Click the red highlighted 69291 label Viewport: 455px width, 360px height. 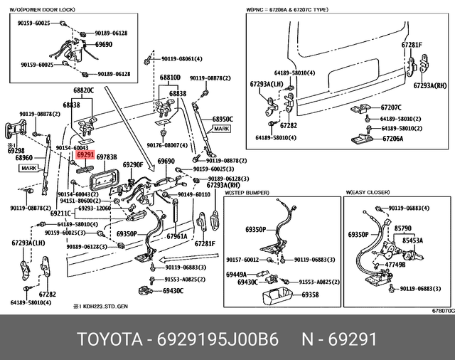85,154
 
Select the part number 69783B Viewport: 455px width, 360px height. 107,156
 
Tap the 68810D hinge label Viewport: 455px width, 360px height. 169,77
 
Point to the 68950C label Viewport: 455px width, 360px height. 223,119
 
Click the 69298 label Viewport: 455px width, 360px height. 16,150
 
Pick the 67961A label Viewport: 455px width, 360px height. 176,236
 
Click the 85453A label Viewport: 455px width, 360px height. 412,240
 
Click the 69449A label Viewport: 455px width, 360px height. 237,274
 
